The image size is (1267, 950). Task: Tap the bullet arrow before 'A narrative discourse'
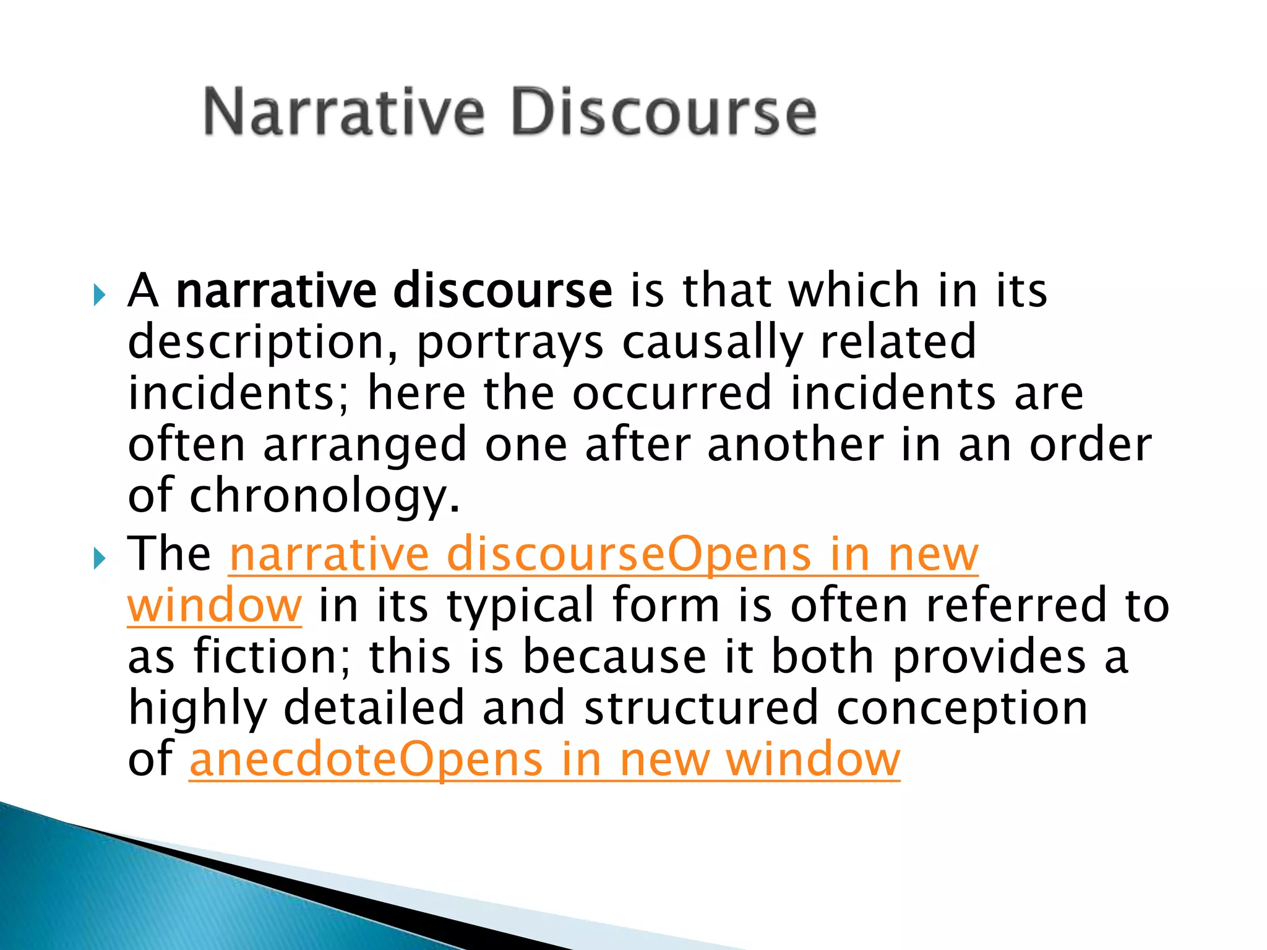[100, 295]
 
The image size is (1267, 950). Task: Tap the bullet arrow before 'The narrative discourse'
[100, 559]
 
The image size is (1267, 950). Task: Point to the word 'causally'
[711, 344]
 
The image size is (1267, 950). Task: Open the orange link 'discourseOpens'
[628, 555]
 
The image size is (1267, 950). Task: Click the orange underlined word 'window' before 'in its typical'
[215, 606]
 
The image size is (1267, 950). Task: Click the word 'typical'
[521, 607]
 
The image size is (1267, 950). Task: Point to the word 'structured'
[701, 708]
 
